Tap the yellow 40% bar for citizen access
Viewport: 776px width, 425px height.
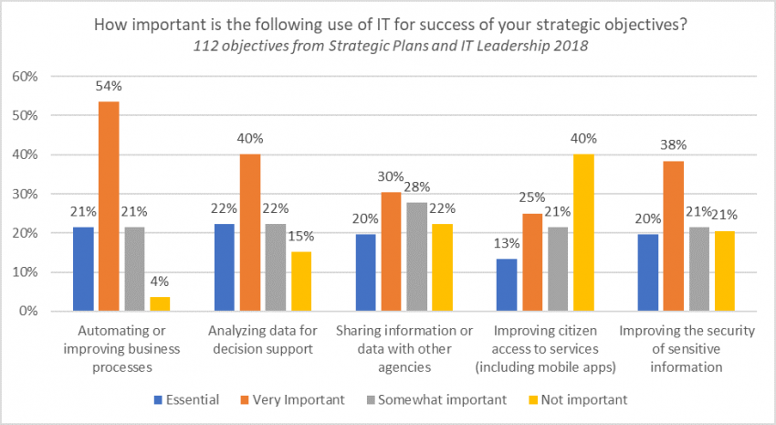pyautogui.click(x=584, y=233)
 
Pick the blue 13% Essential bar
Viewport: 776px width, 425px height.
pyautogui.click(x=506, y=285)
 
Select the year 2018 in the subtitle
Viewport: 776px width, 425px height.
pyautogui.click(x=534, y=48)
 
